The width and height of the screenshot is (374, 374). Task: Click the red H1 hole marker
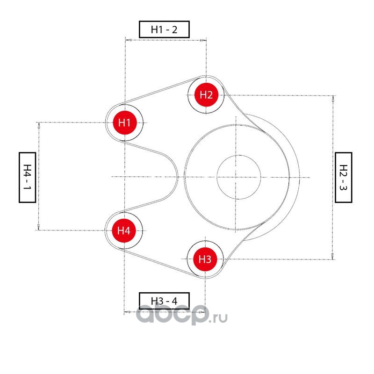click(x=124, y=122)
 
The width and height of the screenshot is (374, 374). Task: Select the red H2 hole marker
click(x=206, y=95)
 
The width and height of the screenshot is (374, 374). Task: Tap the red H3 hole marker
click(x=205, y=259)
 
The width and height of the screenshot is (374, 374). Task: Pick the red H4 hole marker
click(x=124, y=230)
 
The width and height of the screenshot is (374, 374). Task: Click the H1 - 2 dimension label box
click(x=165, y=29)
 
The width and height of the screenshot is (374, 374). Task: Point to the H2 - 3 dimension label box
click(x=344, y=177)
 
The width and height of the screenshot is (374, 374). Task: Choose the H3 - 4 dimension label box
click(x=165, y=301)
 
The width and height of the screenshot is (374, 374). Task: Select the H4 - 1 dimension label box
click(x=27, y=177)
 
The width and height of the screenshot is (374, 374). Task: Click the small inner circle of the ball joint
click(x=238, y=177)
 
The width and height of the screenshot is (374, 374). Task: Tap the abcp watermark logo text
click(x=171, y=314)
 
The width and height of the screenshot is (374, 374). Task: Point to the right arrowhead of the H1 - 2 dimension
click(x=203, y=40)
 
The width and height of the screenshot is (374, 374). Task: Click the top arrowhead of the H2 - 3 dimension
click(x=333, y=99)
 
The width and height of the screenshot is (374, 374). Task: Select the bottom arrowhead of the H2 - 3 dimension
click(x=333, y=256)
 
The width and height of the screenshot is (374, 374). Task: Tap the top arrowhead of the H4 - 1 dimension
click(x=39, y=125)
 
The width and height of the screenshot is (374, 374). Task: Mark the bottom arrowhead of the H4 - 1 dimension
click(x=39, y=227)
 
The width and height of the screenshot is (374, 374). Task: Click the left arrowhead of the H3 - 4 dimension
click(x=127, y=312)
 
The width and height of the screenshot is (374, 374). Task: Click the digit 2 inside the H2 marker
click(x=209, y=95)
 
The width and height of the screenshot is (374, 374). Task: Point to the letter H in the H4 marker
click(x=121, y=230)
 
